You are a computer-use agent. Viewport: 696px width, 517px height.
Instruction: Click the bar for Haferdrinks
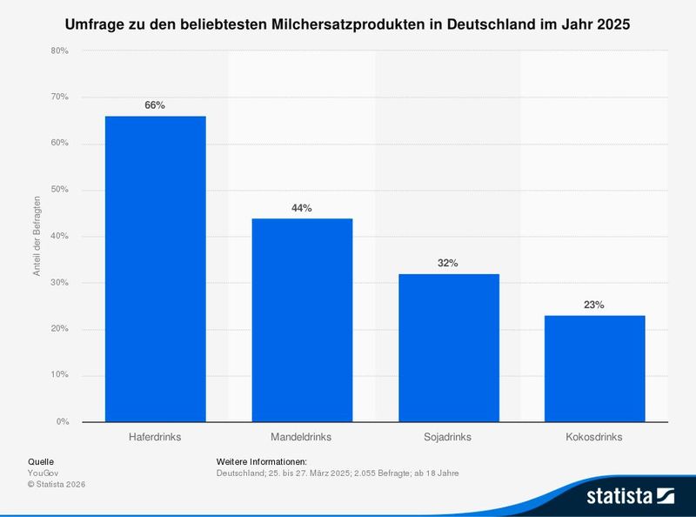tap(155, 269)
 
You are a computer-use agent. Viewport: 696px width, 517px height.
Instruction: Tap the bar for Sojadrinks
tap(449, 347)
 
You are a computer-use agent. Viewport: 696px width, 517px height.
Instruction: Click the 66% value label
tap(155, 105)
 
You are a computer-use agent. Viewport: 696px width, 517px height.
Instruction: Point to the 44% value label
tap(302, 208)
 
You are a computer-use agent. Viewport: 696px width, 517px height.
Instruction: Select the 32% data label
tap(449, 263)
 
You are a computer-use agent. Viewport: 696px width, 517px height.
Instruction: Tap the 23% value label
tap(595, 305)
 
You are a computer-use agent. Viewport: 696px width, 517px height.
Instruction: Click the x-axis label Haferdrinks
tap(155, 435)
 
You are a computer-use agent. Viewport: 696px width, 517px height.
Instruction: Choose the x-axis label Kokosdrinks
tap(595, 435)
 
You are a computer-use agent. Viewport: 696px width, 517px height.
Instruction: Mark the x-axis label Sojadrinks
tap(449, 435)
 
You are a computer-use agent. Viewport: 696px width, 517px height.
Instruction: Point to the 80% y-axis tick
tap(59, 50)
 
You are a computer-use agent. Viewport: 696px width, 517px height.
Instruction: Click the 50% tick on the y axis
tap(59, 190)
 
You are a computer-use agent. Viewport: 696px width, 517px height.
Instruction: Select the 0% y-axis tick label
tap(63, 422)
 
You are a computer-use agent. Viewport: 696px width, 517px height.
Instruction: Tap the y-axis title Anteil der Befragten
tap(37, 236)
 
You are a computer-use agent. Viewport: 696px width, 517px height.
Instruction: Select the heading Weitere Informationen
tap(262, 461)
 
